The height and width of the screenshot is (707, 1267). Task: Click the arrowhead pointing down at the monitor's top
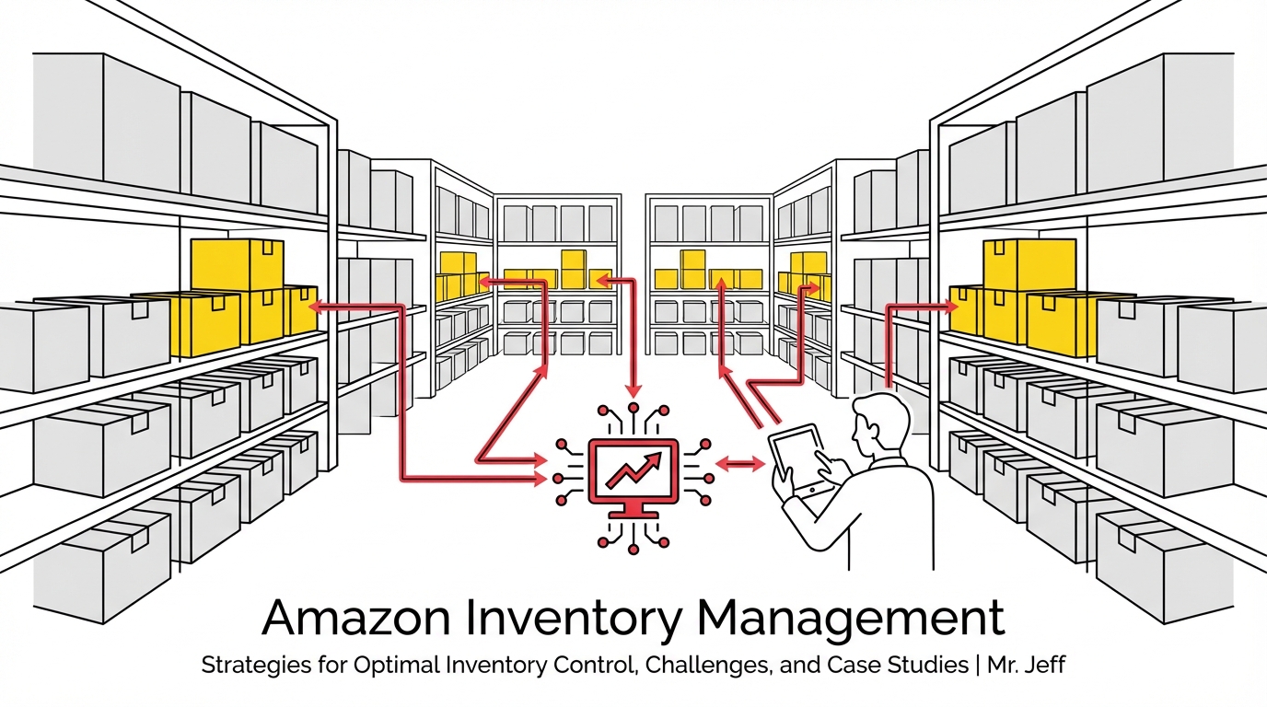click(x=633, y=391)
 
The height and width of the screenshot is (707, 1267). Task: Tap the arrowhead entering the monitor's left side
click(x=541, y=478)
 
